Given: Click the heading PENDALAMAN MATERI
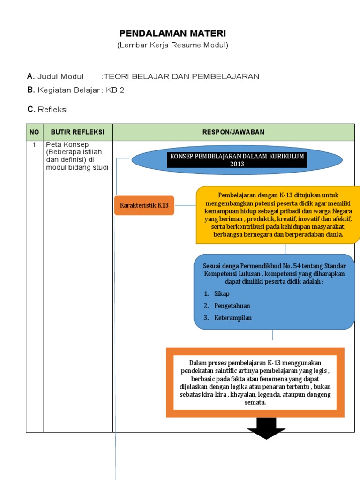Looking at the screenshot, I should tap(172, 33).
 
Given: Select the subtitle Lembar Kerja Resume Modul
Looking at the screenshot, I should tap(172, 45).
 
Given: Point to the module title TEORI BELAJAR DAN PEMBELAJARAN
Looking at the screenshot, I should tap(181, 76).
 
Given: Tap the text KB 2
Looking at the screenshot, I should tap(115, 90).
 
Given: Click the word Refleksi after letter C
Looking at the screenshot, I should tap(52, 109).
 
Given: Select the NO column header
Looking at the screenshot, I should tap(34, 132).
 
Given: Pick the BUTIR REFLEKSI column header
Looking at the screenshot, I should tap(77, 132).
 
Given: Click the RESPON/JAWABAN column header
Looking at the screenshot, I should tap(233, 132).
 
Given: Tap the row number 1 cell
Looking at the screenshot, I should tap(34, 145).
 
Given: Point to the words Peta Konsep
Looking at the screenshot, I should tap(67, 145).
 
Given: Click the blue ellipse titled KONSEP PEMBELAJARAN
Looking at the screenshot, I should tap(237, 160).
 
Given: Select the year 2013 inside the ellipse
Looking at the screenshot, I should tap(237, 164).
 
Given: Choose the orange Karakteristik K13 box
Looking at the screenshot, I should tap(144, 205).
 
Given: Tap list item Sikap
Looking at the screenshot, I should tap(222, 293).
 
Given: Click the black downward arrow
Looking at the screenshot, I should tap(266, 428).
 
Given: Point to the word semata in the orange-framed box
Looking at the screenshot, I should tap(255, 402).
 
